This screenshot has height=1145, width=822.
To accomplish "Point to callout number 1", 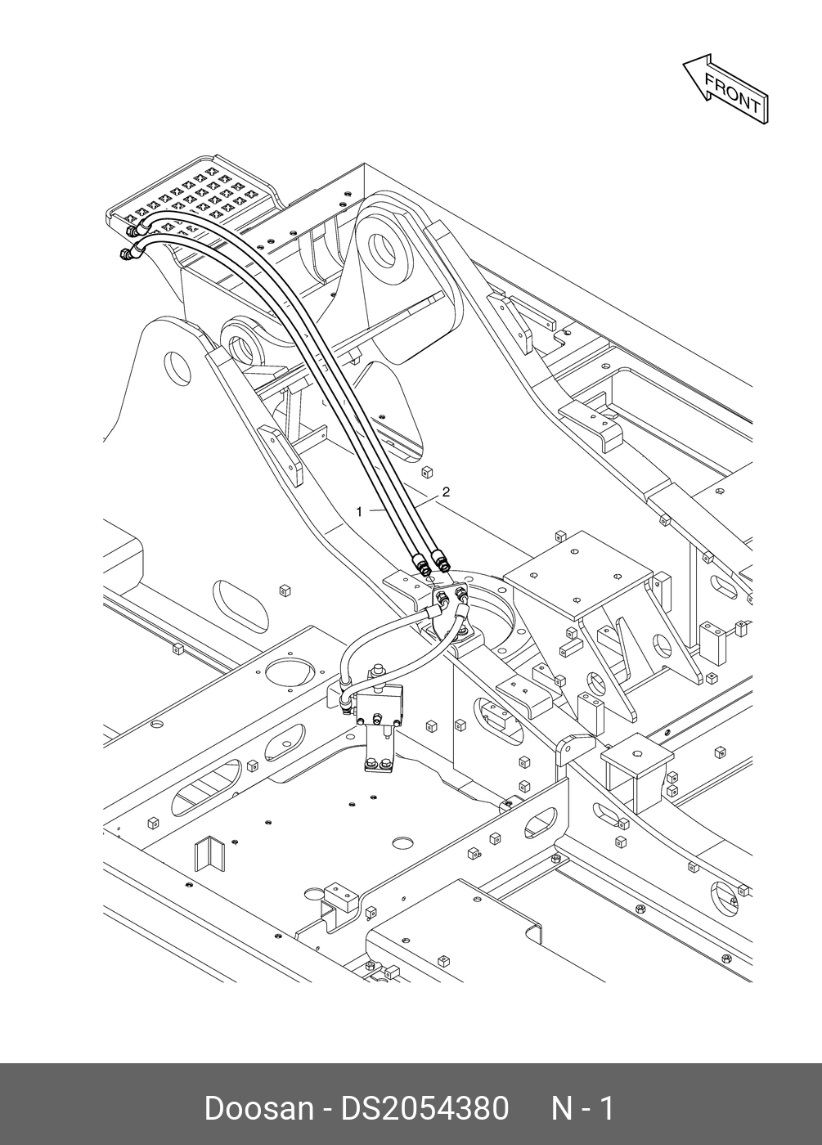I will click(359, 512).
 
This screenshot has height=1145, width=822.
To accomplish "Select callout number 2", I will click(446, 492).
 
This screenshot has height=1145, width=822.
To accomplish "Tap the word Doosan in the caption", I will click(258, 1108).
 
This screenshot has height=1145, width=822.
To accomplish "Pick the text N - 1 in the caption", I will click(582, 1108).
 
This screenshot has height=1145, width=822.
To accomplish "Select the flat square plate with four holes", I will click(577, 572).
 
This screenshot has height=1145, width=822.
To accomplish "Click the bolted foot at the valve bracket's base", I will click(378, 766).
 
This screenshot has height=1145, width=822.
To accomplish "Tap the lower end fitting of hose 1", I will click(423, 564).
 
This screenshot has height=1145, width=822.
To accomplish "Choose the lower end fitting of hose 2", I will click(442, 562).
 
